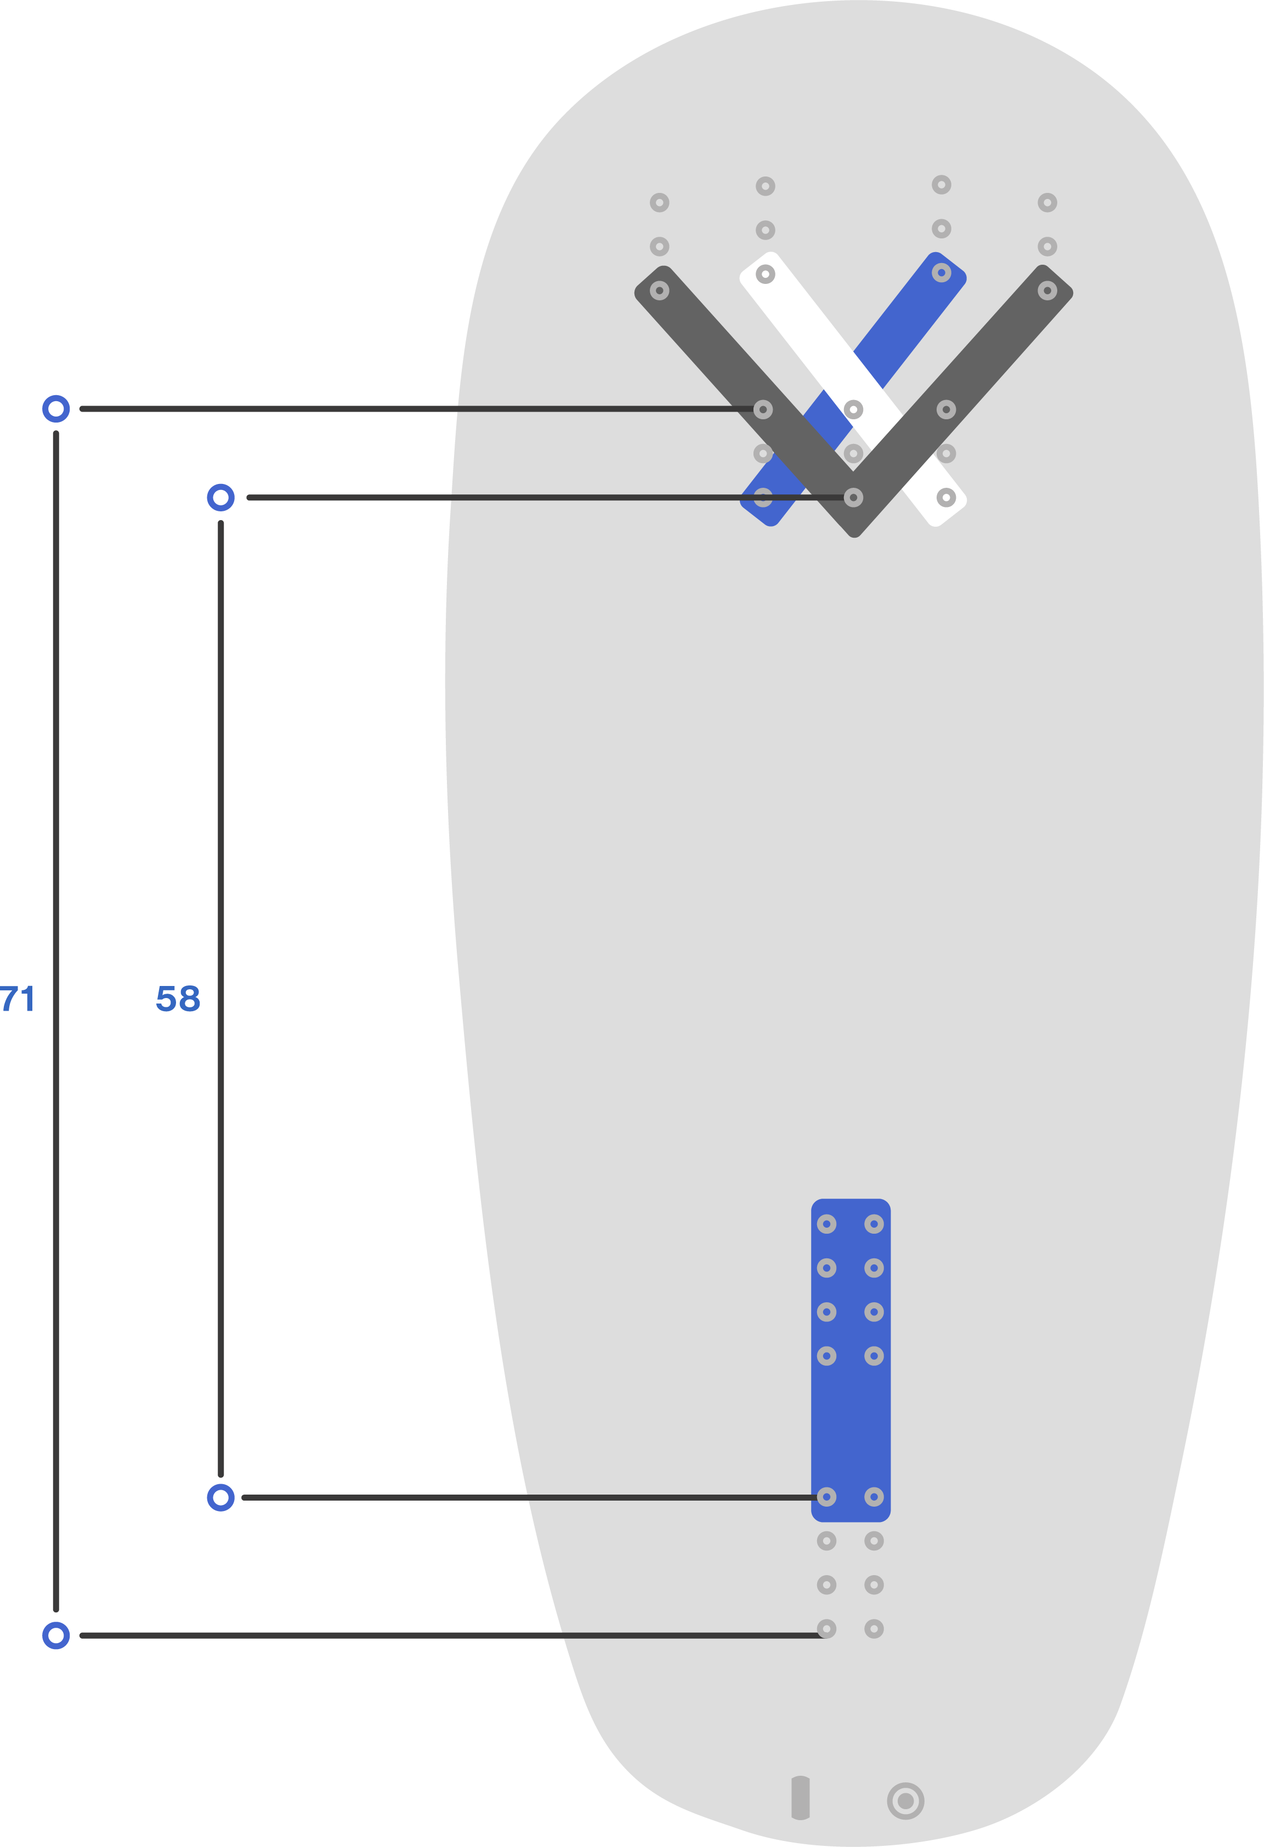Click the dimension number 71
coord(18,999)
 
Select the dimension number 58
coord(178,999)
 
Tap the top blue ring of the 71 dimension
coord(55,409)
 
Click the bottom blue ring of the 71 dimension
coord(55,1635)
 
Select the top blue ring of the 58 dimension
coord(220,498)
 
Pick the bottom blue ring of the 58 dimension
coord(220,1497)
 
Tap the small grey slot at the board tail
coord(801,1797)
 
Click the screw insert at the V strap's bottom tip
coord(853,498)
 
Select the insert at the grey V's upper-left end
coord(659,291)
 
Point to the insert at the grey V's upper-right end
coord(1047,291)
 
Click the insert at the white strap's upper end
coord(765,274)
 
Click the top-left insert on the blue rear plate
coord(827,1224)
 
